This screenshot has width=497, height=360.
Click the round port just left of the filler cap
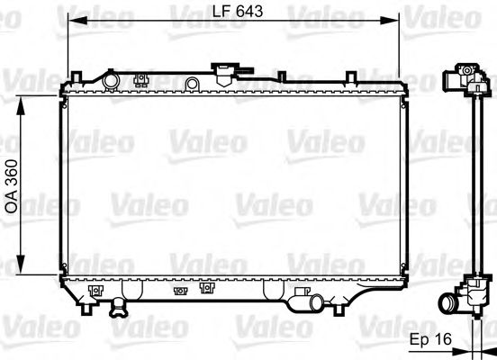pos(191,84)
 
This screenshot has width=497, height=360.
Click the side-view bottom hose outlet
pos(449,302)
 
